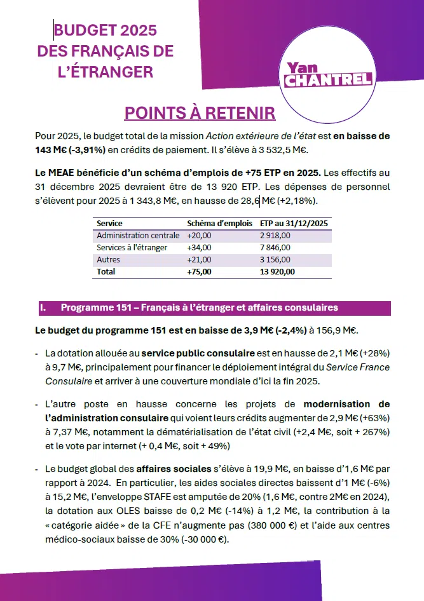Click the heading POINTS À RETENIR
click(200, 113)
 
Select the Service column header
click(109, 224)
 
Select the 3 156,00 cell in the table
click(275, 260)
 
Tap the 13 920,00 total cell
click(278, 271)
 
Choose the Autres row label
click(108, 260)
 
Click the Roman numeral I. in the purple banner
click(43, 308)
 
